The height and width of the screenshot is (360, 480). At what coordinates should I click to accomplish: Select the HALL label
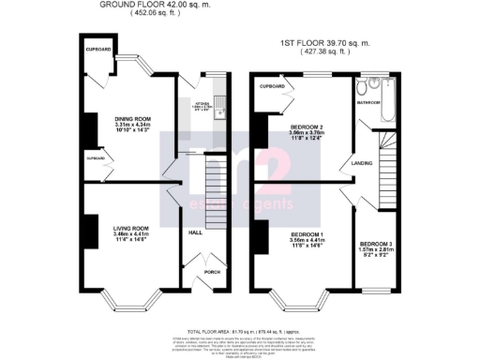click(196, 232)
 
